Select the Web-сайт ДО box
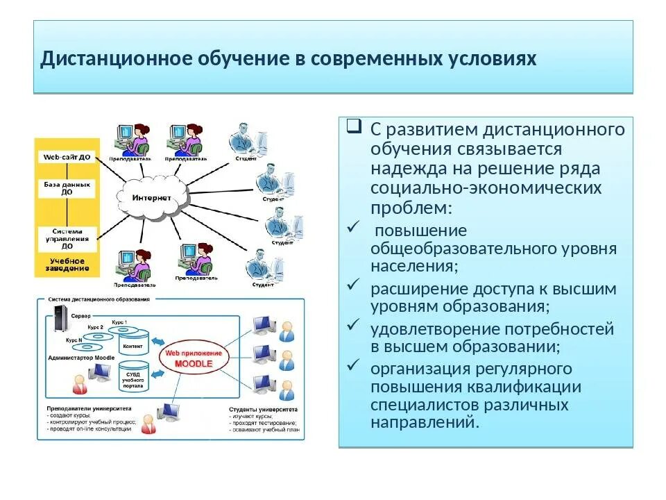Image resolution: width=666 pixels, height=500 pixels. point(67,158)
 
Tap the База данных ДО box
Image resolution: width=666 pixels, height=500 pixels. point(67,188)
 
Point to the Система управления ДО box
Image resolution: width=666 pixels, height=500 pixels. point(67,237)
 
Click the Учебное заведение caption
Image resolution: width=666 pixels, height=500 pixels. point(67,264)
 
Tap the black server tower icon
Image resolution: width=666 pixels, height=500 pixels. point(59,324)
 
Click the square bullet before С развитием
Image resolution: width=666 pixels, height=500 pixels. point(354,126)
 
